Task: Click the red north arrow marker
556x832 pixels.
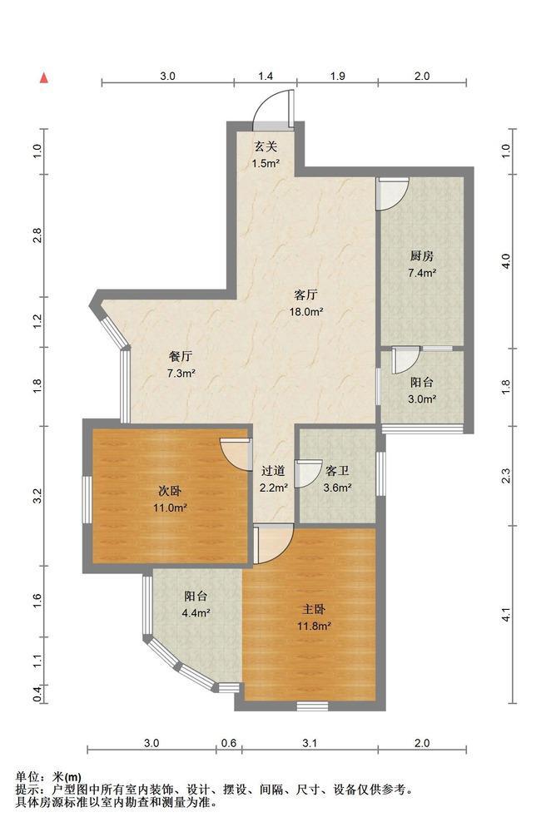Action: pyautogui.click(x=45, y=78)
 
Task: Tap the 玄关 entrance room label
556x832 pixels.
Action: pyautogui.click(x=266, y=146)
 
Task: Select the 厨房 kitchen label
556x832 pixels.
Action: pyautogui.click(x=422, y=256)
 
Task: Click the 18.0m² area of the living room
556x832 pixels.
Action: pyautogui.click(x=305, y=312)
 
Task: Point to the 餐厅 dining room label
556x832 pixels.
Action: pyautogui.click(x=181, y=356)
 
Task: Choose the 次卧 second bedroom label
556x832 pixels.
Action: pyautogui.click(x=170, y=491)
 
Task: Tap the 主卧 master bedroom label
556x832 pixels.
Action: pyautogui.click(x=314, y=609)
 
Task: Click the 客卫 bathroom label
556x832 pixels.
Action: pyautogui.click(x=337, y=471)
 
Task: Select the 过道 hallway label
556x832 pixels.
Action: pyautogui.click(x=274, y=471)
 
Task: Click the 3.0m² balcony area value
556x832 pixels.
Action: pyautogui.click(x=422, y=399)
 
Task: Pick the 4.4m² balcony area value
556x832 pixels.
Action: pyautogui.click(x=196, y=613)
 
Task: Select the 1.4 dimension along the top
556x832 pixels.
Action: pyautogui.click(x=266, y=77)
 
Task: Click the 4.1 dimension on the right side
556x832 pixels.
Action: pyautogui.click(x=506, y=615)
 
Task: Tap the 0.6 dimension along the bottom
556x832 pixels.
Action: pyautogui.click(x=229, y=743)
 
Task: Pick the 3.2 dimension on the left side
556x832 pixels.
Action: pyautogui.click(x=37, y=496)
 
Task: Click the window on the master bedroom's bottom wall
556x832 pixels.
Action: pyautogui.click(x=312, y=706)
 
